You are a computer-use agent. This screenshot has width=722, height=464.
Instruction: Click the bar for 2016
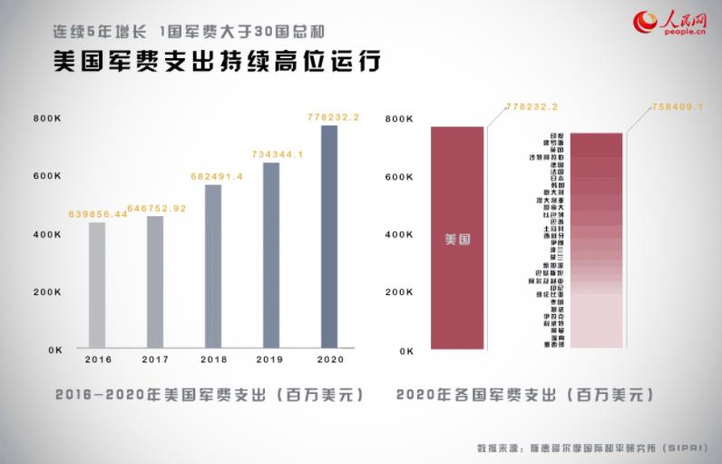coord(97,285)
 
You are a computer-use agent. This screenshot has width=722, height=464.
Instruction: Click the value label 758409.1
coord(678,107)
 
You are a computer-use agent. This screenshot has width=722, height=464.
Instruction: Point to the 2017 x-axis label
coord(155,360)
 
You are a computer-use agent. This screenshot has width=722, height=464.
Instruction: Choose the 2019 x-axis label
coord(271,360)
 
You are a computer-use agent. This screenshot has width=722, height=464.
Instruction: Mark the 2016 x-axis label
coord(97,360)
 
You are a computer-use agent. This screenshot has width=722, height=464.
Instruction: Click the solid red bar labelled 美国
coord(457,238)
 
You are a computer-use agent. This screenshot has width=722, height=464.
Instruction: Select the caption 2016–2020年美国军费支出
coord(210,396)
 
